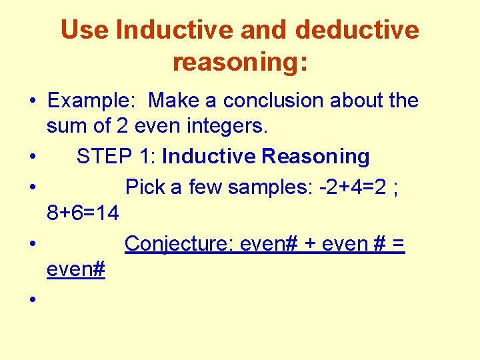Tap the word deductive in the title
point(357,30)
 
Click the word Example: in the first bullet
point(94,101)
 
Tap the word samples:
point(261,187)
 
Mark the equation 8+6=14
point(83,214)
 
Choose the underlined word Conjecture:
point(179,244)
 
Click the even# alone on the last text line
point(76,270)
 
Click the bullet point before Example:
point(32,102)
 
